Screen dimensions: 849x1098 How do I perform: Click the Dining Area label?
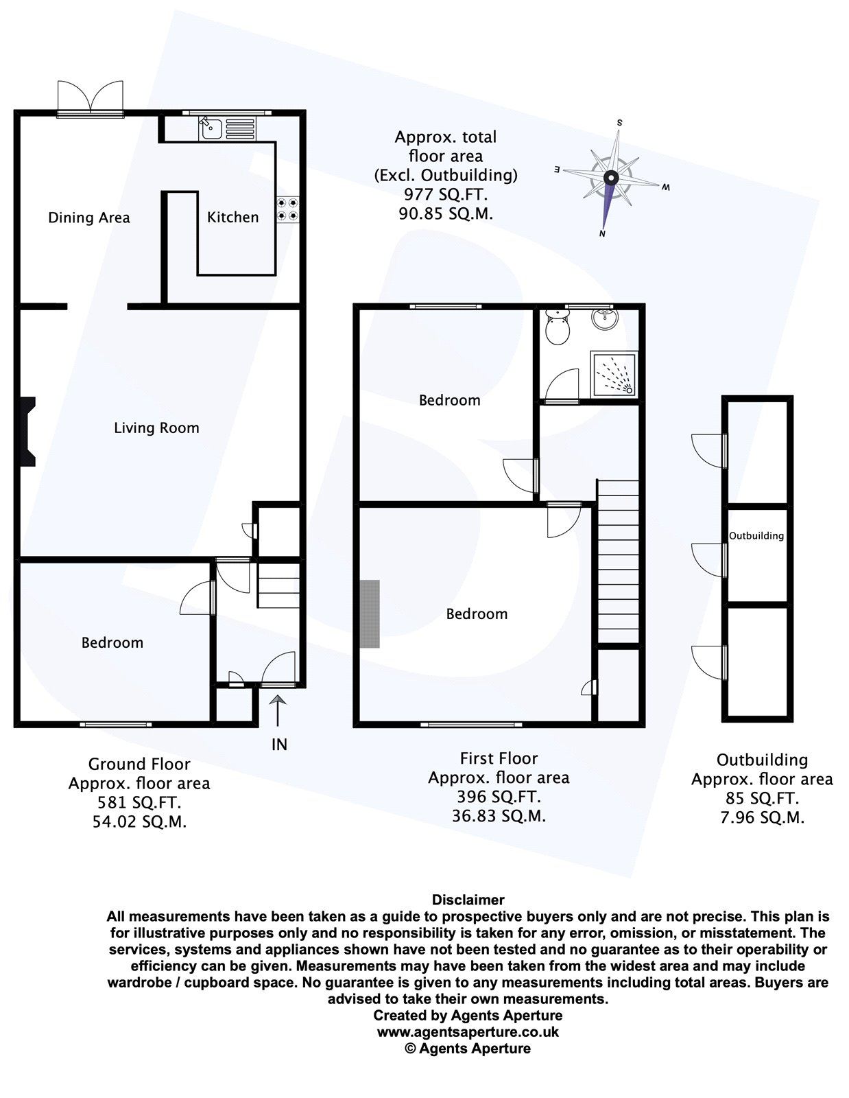[x=88, y=218]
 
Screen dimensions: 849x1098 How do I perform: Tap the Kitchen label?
[x=232, y=217]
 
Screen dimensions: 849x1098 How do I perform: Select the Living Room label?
[x=156, y=428]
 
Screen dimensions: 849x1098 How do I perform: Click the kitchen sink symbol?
[x=211, y=127]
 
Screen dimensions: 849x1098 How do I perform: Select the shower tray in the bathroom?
[x=614, y=374]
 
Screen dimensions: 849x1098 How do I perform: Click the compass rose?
[x=610, y=178]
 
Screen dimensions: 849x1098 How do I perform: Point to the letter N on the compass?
[x=601, y=234]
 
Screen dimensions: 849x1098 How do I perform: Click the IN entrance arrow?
[x=278, y=710]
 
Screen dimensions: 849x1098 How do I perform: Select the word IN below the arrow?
[x=279, y=745]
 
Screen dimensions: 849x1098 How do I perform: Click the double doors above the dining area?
[x=90, y=98]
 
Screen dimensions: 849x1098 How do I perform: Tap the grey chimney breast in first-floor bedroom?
[x=370, y=614]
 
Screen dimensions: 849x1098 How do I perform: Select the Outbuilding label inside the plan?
[x=756, y=536]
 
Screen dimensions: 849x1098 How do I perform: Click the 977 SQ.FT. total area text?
[x=446, y=194]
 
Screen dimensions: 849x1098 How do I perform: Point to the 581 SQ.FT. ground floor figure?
[x=139, y=802]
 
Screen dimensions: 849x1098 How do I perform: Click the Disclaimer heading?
[x=468, y=900]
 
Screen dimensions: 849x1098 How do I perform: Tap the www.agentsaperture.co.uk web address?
[x=468, y=1031]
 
